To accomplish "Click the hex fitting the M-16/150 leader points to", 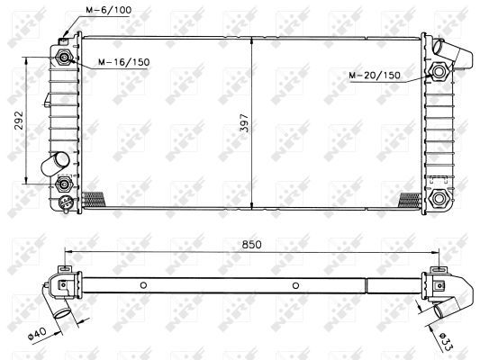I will coord(66,58).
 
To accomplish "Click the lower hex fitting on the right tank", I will coord(439,198).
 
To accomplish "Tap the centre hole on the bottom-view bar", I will coord(294,286).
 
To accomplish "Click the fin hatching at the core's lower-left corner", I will coord(93,199).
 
